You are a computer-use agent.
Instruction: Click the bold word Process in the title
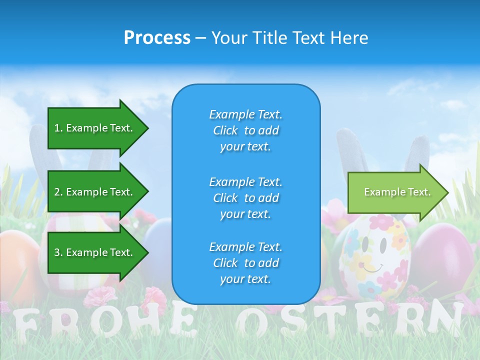tap(157, 37)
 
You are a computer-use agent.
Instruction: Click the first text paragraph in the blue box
tap(245, 130)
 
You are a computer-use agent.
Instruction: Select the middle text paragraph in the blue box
tap(245, 197)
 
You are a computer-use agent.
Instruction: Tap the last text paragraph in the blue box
tap(245, 263)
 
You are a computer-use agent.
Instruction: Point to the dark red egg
tap(442, 255)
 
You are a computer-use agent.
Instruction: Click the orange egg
tap(17, 260)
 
